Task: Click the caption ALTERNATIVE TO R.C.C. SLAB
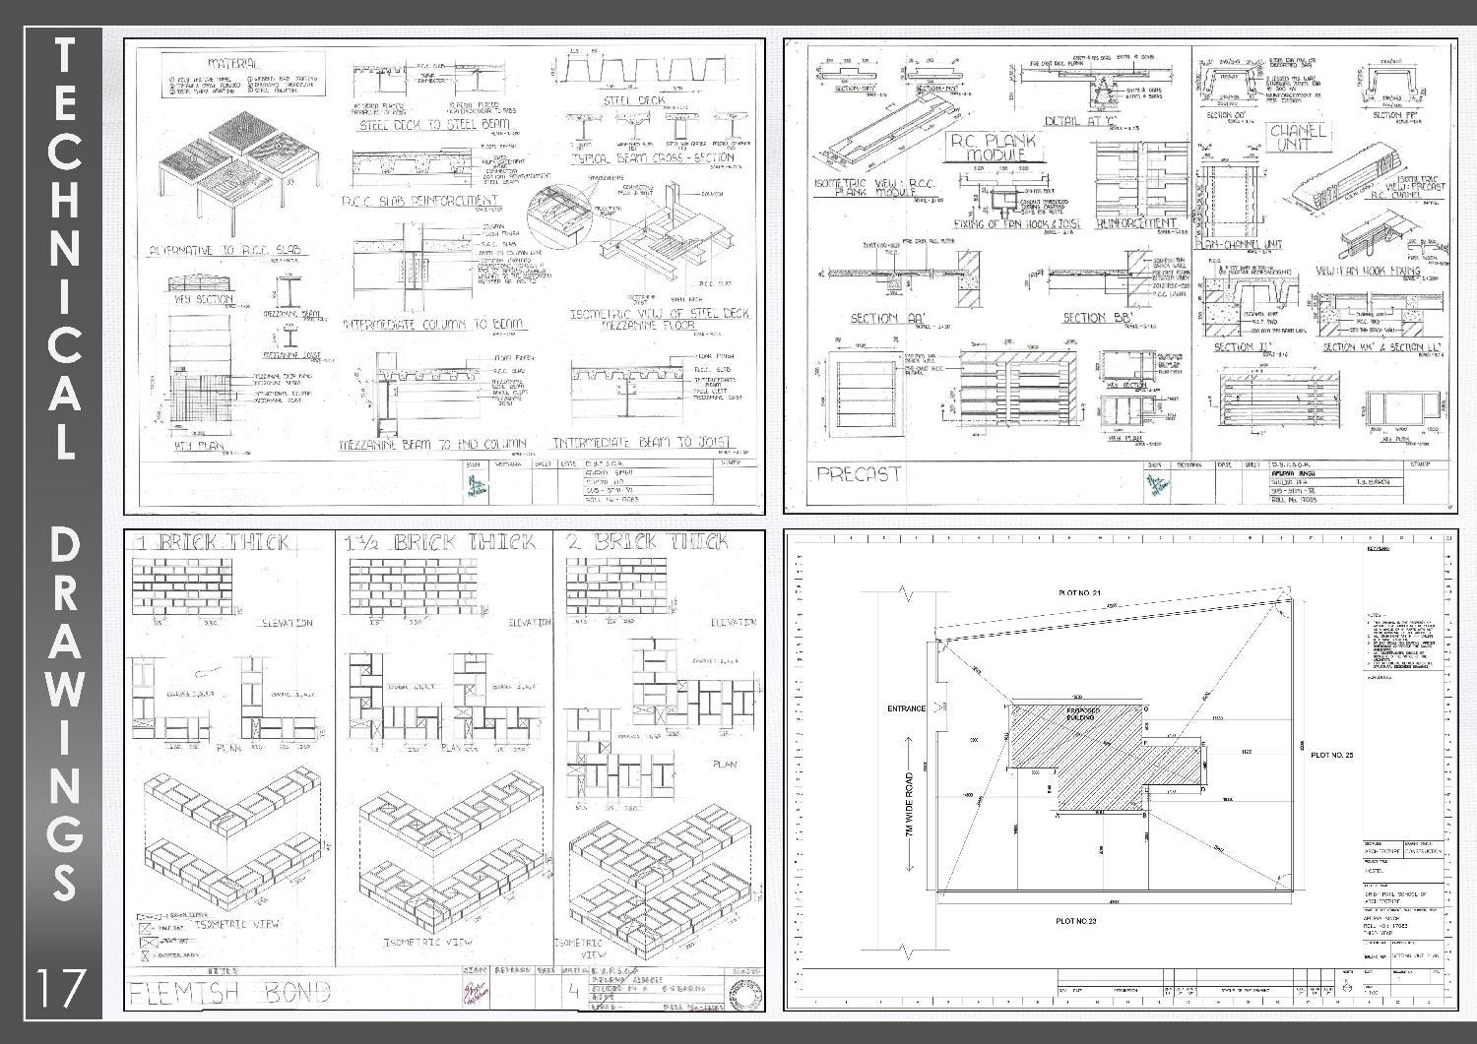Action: (x=225, y=251)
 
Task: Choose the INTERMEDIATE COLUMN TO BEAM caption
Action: (x=433, y=324)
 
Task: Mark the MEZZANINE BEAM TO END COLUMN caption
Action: (x=432, y=444)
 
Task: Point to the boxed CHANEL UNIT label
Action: (x=1299, y=137)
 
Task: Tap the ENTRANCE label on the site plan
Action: (x=906, y=708)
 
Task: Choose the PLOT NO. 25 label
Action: (x=1332, y=755)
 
